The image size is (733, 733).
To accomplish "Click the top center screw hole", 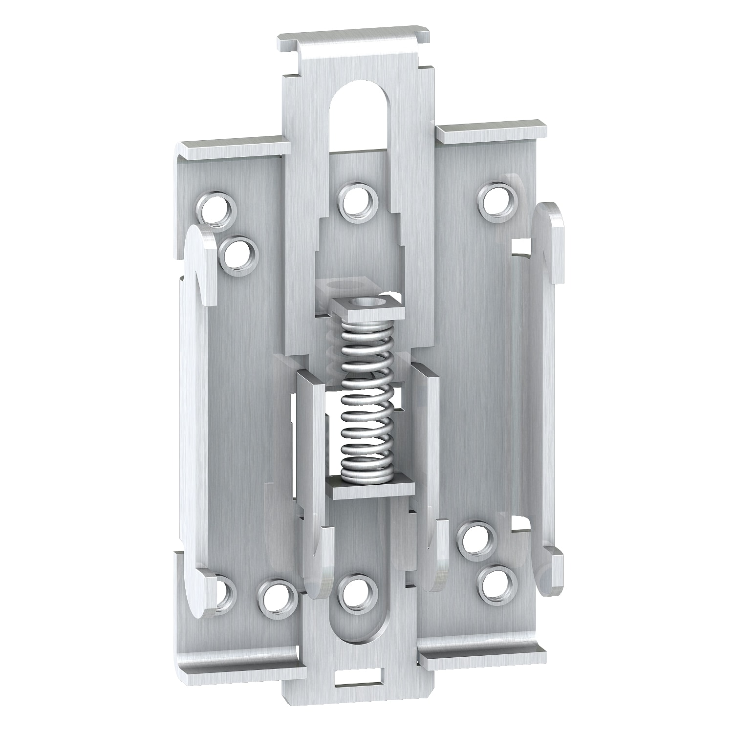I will (358, 203).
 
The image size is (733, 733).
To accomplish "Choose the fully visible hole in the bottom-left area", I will (278, 597).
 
